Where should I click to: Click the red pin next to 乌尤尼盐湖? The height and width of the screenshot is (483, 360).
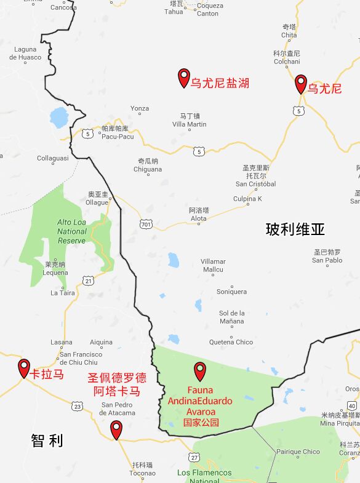click(x=183, y=77)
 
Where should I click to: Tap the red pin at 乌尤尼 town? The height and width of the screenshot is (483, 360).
click(x=300, y=83)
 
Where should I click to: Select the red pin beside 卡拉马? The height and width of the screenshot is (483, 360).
click(x=24, y=368)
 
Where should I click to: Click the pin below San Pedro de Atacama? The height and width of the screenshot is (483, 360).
click(x=116, y=429)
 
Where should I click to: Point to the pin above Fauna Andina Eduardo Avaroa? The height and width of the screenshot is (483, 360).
click(x=200, y=370)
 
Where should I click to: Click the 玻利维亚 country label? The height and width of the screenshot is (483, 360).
click(x=295, y=230)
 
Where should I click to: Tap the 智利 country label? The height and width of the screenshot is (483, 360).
click(x=47, y=441)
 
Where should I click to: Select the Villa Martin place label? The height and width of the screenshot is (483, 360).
click(x=189, y=124)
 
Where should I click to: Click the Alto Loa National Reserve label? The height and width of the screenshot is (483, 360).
click(x=72, y=231)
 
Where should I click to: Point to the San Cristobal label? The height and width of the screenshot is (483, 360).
click(x=255, y=183)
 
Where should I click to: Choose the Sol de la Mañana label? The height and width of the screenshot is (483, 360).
click(x=232, y=317)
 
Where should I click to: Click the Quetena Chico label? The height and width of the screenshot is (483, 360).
click(x=231, y=342)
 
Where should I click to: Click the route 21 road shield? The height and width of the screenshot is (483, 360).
click(x=89, y=281)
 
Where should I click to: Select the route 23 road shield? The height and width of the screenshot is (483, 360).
click(x=77, y=407)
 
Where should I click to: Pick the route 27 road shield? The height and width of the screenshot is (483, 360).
click(x=194, y=457)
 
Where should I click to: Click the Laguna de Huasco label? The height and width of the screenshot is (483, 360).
click(x=25, y=54)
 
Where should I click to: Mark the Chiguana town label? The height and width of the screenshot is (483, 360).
click(x=148, y=169)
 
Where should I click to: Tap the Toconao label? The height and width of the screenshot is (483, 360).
click(x=142, y=473)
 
